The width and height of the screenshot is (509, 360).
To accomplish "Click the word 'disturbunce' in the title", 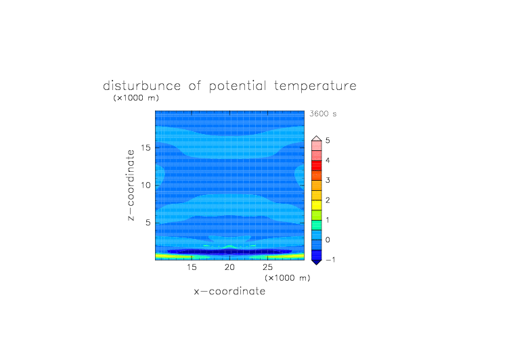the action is [142, 86].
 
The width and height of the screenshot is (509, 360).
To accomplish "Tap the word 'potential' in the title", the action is [238, 87].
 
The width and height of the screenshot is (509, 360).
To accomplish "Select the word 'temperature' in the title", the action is [315, 87].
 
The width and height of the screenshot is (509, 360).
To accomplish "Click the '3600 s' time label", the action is [323, 114].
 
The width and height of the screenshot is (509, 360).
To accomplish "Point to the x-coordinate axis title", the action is [229, 291].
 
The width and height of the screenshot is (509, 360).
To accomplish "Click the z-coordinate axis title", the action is [131, 185].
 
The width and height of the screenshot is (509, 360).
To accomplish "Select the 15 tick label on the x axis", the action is [192, 267].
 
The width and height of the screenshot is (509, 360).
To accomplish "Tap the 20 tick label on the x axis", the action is [229, 267].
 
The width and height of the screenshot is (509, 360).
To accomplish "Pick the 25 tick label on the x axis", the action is [267, 267].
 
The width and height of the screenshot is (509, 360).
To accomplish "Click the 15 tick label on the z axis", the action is [146, 148].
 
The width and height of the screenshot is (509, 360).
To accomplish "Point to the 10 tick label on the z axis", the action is [146, 185].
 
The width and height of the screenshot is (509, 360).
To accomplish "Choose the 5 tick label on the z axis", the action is [148, 223].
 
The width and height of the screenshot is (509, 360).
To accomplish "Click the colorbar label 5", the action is [328, 141].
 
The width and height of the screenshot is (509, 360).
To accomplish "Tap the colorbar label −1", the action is [330, 260].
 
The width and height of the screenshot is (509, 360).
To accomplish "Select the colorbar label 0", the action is [328, 240].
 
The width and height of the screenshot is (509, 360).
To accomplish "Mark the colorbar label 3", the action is [328, 180].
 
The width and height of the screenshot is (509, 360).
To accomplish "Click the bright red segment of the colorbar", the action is [317, 166].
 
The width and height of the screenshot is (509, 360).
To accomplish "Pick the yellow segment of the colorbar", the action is [317, 205].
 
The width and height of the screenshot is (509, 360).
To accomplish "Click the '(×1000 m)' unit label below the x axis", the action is [288, 278].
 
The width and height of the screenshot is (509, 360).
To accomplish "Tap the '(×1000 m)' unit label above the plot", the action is [136, 97].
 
